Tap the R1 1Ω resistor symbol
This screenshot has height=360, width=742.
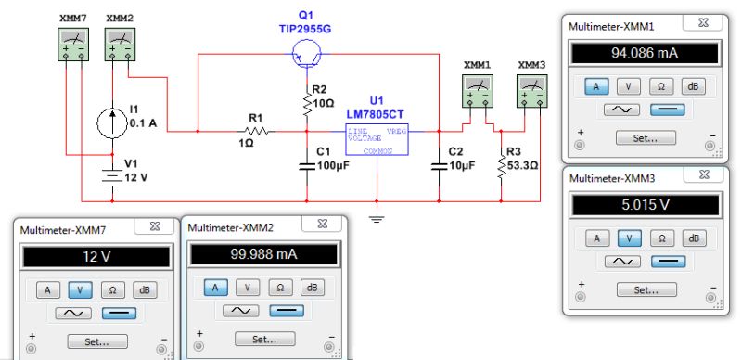coord(256,133)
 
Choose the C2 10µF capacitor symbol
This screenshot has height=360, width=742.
coord(438,165)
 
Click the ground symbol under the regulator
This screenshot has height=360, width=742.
coord(376,218)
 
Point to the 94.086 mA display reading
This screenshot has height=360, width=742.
coord(645,53)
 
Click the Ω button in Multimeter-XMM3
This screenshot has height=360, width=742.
coord(660,238)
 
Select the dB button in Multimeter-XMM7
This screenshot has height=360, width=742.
coord(143,289)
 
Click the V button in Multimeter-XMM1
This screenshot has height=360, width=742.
coord(629,86)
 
